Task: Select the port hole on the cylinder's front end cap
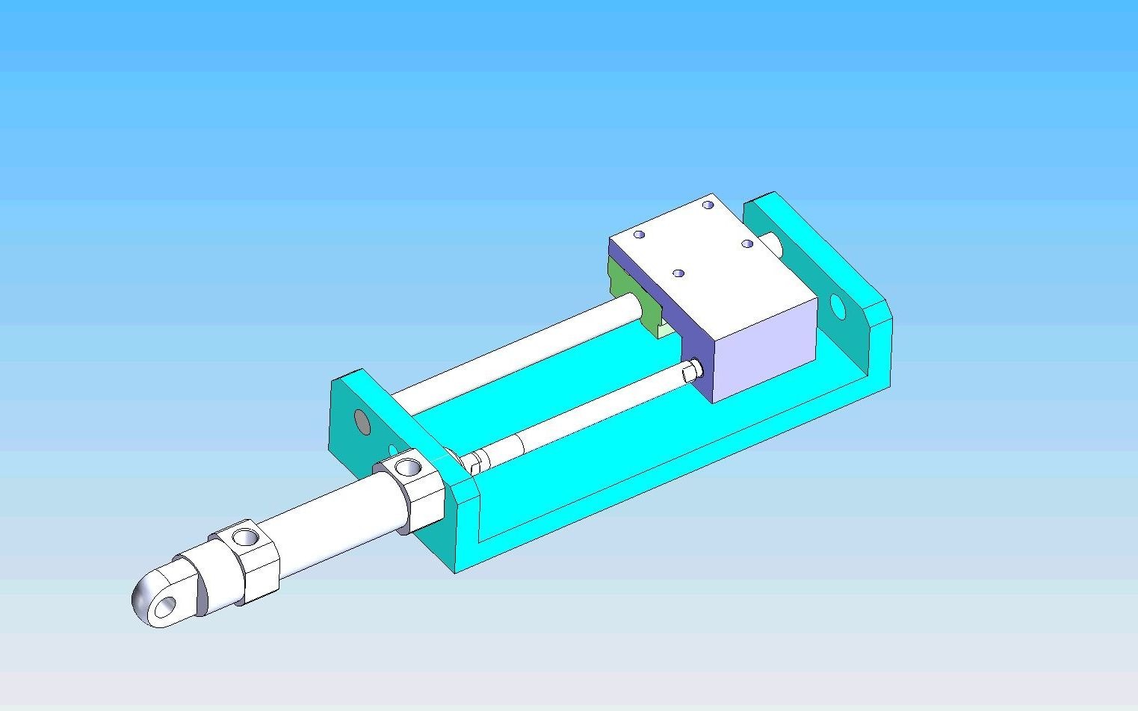tap(408, 468)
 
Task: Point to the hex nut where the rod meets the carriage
tap(692, 370)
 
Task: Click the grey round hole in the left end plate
tap(362, 422)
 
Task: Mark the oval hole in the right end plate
tap(837, 306)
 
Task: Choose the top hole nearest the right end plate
tap(708, 205)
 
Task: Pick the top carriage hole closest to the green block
tap(639, 235)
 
